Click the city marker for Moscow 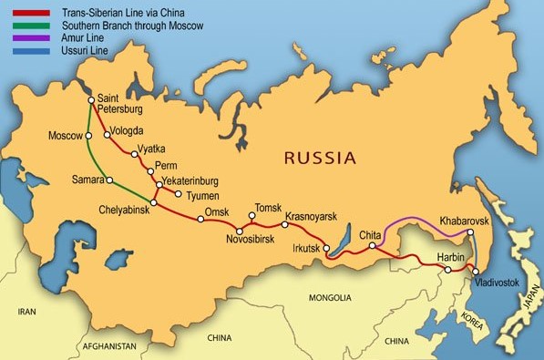tap(89, 137)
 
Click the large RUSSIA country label tap(320, 158)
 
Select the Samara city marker tap(108, 179)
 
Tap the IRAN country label tap(26, 312)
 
